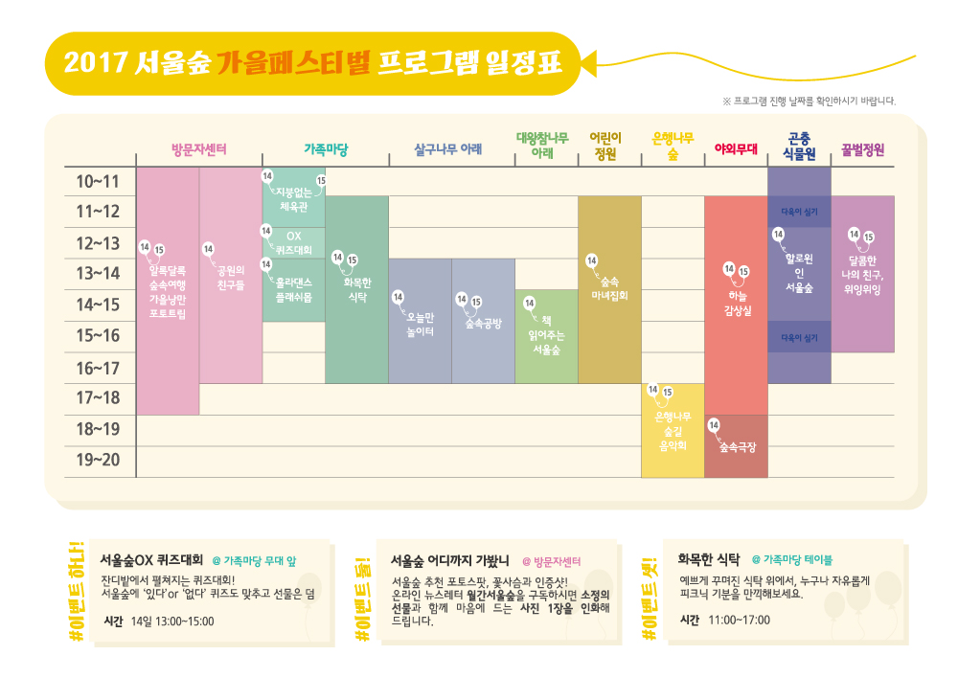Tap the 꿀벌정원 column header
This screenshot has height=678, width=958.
(x=862, y=150)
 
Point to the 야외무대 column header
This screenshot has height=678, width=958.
(x=736, y=149)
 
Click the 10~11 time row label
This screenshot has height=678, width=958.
(x=98, y=181)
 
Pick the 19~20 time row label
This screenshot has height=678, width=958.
(x=98, y=461)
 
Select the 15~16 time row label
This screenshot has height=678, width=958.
(x=98, y=336)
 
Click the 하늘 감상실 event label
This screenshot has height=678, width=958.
(x=738, y=303)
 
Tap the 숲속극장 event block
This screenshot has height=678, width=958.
(x=737, y=447)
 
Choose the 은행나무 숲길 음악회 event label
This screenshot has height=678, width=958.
(x=673, y=431)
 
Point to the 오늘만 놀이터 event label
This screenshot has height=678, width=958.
(x=421, y=324)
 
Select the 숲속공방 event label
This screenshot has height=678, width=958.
(x=483, y=324)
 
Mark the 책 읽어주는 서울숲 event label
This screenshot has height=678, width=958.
(x=546, y=334)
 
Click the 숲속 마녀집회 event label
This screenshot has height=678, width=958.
(x=609, y=288)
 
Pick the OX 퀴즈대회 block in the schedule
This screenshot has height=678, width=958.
(x=294, y=242)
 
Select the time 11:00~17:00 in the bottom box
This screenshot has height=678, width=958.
(x=741, y=620)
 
